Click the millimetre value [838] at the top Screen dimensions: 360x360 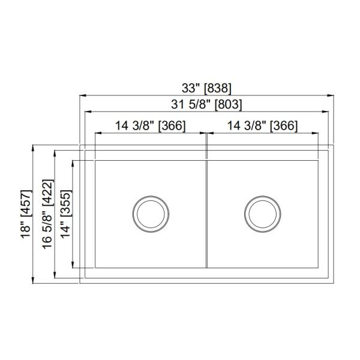pyautogui.click(x=218, y=88)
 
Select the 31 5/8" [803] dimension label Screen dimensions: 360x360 pyautogui.click(x=206, y=104)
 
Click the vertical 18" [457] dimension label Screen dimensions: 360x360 pyautogui.click(x=26, y=214)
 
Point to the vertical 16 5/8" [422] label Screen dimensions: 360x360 pyautogui.click(x=47, y=214)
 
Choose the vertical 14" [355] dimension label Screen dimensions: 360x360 pyautogui.click(x=65, y=214)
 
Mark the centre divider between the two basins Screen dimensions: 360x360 pyautogui.click(x=206, y=213)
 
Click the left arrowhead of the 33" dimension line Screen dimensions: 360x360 pyautogui.click(x=83, y=95)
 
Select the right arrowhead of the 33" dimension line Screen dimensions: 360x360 pyautogui.click(x=331, y=95)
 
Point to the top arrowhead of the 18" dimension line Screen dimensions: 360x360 pyautogui.click(x=34, y=148)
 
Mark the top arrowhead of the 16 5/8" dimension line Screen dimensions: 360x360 pyautogui.click(x=55, y=153)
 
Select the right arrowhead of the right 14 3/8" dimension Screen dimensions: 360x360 pyautogui.click(x=315, y=133)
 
